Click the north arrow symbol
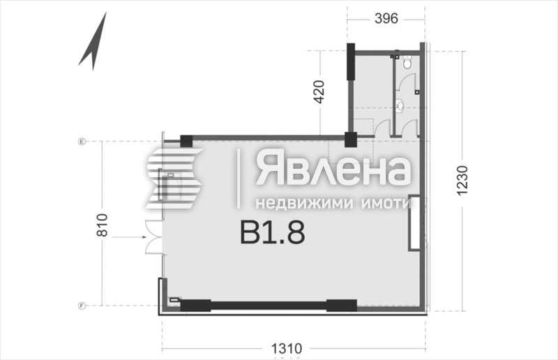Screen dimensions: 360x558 [93, 43]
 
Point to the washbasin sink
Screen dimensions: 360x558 [399, 106]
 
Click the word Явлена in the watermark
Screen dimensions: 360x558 [332, 170]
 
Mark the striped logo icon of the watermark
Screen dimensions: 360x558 [174, 179]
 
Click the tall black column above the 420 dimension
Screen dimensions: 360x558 [351, 64]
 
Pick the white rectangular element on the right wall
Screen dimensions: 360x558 [415, 224]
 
